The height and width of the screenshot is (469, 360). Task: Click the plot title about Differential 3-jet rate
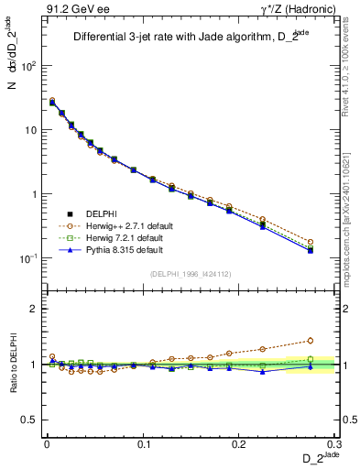click(187, 37)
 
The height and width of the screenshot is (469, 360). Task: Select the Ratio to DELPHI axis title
click(15, 365)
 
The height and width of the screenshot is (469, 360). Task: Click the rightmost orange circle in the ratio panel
click(311, 341)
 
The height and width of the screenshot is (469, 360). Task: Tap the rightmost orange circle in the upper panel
click(311, 242)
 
